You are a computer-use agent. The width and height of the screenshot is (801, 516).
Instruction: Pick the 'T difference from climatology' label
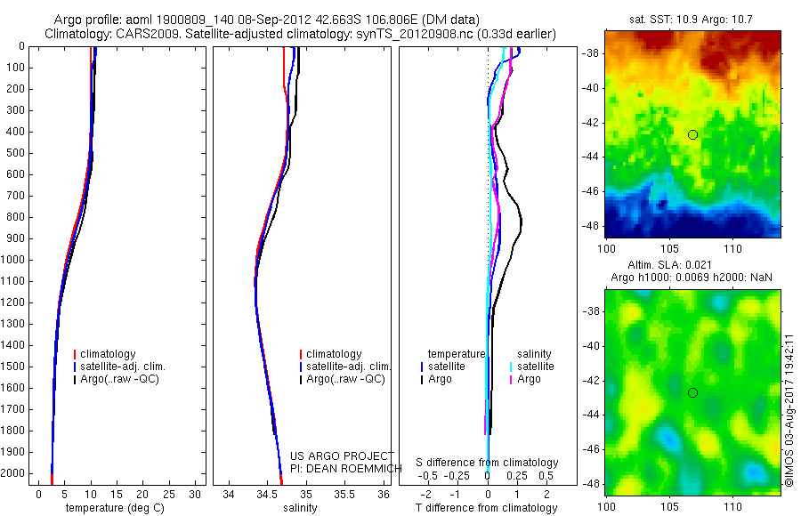487,508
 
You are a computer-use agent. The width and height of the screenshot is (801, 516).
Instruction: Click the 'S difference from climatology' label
487,463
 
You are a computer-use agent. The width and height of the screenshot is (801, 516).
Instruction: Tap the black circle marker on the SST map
692,134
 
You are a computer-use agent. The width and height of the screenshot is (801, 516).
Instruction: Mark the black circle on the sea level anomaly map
692,392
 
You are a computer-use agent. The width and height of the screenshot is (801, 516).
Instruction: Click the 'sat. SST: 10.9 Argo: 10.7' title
692,20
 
